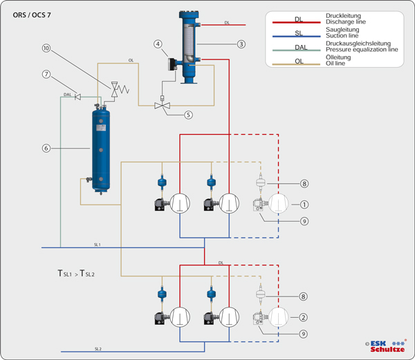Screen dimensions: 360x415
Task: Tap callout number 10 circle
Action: (46, 48)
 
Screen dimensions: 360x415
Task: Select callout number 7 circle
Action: (46, 74)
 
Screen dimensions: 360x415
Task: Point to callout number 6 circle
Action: (46, 148)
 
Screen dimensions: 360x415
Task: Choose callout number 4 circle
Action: (158, 45)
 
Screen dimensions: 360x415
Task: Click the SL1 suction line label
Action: (98, 245)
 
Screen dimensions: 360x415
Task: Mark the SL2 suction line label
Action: (98, 348)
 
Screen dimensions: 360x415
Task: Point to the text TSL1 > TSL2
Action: (76, 274)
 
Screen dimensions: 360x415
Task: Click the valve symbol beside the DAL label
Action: (77, 97)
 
